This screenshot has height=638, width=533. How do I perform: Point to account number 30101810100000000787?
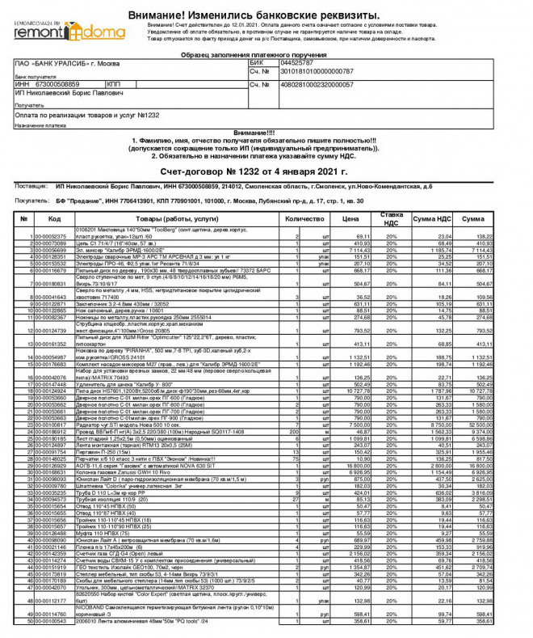(317, 70)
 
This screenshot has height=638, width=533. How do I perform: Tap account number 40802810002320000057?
(317, 84)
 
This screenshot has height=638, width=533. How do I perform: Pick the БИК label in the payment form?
(257, 61)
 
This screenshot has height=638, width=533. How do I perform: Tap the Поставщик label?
(31, 185)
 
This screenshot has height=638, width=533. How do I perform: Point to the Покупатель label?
(32, 200)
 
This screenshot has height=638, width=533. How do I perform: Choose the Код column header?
(54, 218)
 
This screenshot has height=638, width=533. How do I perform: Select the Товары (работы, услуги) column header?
(171, 218)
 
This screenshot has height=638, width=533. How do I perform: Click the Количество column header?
(304, 218)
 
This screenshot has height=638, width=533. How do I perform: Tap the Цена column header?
(349, 218)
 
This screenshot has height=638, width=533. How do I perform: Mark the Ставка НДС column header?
(391, 218)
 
